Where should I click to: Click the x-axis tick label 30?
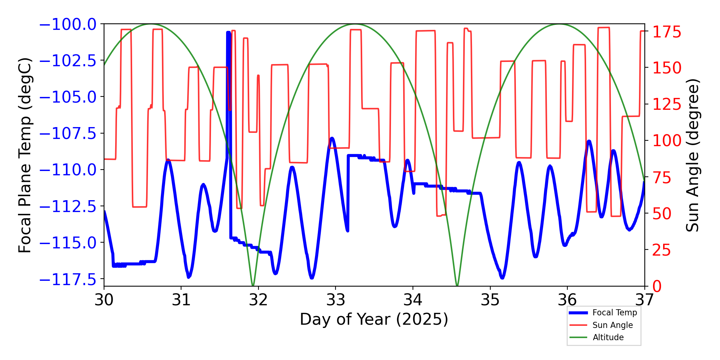pyautogui.click(x=104, y=300)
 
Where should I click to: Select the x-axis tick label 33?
pyautogui.click(x=336, y=300)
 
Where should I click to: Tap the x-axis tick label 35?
pyautogui.click(x=490, y=300)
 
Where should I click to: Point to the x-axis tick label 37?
pyautogui.click(x=644, y=300)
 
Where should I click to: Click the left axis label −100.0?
pyautogui.click(x=68, y=24)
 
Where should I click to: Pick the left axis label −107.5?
pyautogui.click(x=68, y=134)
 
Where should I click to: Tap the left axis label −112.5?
pyautogui.click(x=68, y=207)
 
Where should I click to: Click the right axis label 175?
pyautogui.click(x=667, y=32)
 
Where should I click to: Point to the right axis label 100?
pyautogui.click(x=667, y=141)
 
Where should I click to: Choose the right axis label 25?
pyautogui.click(x=662, y=250)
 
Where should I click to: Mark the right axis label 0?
pyautogui.click(x=657, y=287)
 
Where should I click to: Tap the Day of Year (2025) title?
pyautogui.click(x=374, y=319)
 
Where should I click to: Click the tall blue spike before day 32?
pyautogui.click(x=228, y=33)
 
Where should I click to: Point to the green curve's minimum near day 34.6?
pyautogui.click(x=457, y=285)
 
